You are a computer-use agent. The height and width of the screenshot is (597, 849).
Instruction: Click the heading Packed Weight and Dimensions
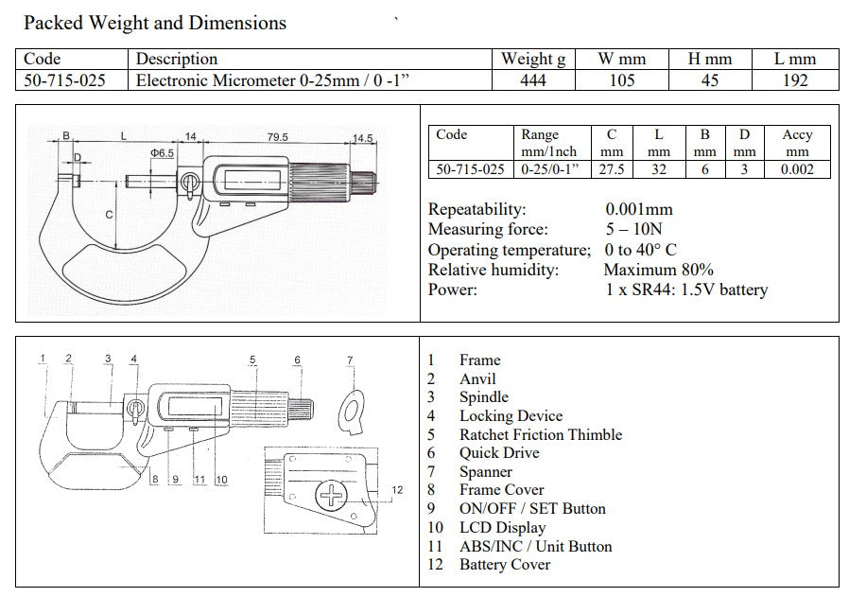[155, 24]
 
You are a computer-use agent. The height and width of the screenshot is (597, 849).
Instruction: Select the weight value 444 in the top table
[533, 80]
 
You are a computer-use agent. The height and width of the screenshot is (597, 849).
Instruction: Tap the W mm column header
[621, 59]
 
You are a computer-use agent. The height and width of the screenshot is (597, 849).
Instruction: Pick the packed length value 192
[795, 80]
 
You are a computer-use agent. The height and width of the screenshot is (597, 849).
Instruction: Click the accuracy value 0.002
[797, 169]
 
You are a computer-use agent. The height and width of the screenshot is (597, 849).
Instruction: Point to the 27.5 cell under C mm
[612, 169]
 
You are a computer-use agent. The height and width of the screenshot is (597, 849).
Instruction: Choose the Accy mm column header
[797, 143]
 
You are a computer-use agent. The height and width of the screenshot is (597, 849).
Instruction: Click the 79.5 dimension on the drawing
[277, 137]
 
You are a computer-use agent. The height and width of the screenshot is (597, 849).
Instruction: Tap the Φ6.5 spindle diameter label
[162, 153]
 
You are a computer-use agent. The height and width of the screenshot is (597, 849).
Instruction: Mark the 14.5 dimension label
[362, 139]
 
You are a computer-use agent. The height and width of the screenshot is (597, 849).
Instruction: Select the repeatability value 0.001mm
[639, 209]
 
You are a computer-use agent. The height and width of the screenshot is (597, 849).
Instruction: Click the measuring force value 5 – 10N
[633, 229]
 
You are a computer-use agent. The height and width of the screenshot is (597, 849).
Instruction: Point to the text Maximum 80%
[658, 270]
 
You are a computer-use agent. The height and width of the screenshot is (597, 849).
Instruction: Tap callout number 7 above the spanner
[350, 360]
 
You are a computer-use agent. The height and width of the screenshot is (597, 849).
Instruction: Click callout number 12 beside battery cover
[397, 490]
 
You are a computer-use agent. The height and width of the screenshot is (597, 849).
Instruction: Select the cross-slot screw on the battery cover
[331, 495]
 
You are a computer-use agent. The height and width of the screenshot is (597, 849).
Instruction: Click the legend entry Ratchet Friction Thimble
[541, 434]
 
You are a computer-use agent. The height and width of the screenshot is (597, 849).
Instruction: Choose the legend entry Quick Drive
[499, 453]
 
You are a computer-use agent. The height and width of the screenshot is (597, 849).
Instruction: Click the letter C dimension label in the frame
[109, 215]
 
